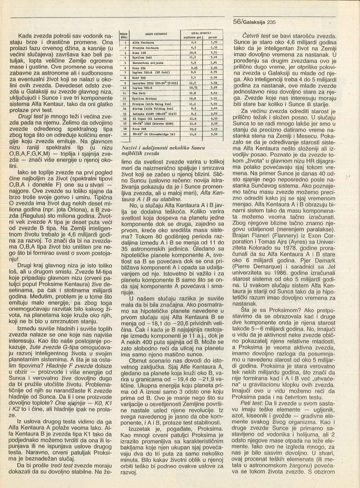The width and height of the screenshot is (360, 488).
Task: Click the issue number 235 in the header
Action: (x=271, y=22)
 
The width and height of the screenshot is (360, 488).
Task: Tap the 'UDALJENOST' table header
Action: (x=202, y=32)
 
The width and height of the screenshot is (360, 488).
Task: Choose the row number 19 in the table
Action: (x=125, y=134)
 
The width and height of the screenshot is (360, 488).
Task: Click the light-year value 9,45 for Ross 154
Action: (x=193, y=67)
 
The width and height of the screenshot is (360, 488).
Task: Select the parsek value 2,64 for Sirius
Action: (x=214, y=108)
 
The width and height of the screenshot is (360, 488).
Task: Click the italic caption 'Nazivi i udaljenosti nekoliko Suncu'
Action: (x=162, y=148)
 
